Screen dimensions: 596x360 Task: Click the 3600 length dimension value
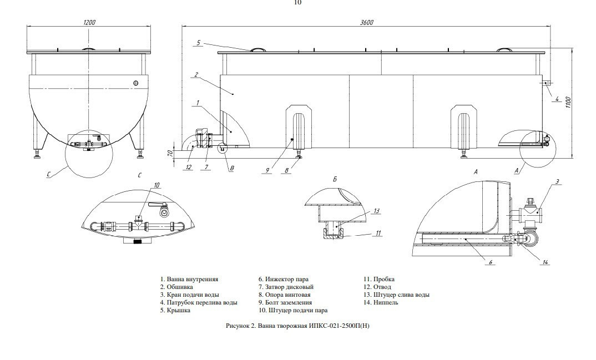(x=367, y=22)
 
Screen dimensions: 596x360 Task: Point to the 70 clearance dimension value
(x=171, y=153)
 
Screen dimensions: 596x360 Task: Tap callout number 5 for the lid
(x=198, y=43)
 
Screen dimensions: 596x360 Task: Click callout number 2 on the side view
(x=196, y=75)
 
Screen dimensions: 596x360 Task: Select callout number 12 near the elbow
(x=189, y=167)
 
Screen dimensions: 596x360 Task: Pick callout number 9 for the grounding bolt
(x=267, y=170)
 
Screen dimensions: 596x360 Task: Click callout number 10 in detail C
(x=156, y=185)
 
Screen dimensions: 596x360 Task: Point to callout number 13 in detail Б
(x=377, y=211)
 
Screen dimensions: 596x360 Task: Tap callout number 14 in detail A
(x=546, y=262)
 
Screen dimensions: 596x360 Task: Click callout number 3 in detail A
(x=557, y=182)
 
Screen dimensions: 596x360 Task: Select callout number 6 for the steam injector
(x=491, y=262)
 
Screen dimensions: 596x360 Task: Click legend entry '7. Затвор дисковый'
(x=286, y=287)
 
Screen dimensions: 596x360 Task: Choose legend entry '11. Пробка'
(x=379, y=279)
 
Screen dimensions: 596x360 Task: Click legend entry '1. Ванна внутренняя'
(x=189, y=280)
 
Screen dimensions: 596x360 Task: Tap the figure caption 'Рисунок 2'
(x=240, y=326)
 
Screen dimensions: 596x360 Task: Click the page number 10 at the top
(x=297, y=3)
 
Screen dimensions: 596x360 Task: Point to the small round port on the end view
(x=136, y=83)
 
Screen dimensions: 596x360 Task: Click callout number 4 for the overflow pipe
(x=557, y=99)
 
